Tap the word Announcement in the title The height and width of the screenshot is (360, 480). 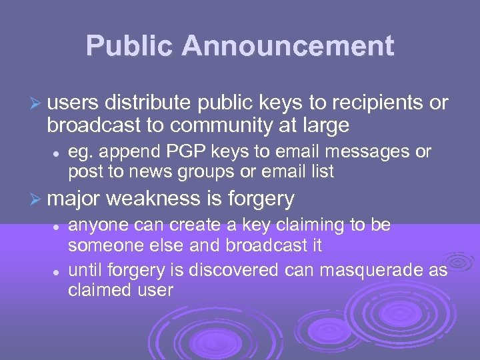[x=288, y=46]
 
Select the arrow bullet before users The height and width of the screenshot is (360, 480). [x=37, y=103]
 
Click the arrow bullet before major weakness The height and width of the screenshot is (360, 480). [x=37, y=198]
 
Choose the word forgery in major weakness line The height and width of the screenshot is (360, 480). [x=261, y=198]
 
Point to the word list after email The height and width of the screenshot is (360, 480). [x=321, y=171]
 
